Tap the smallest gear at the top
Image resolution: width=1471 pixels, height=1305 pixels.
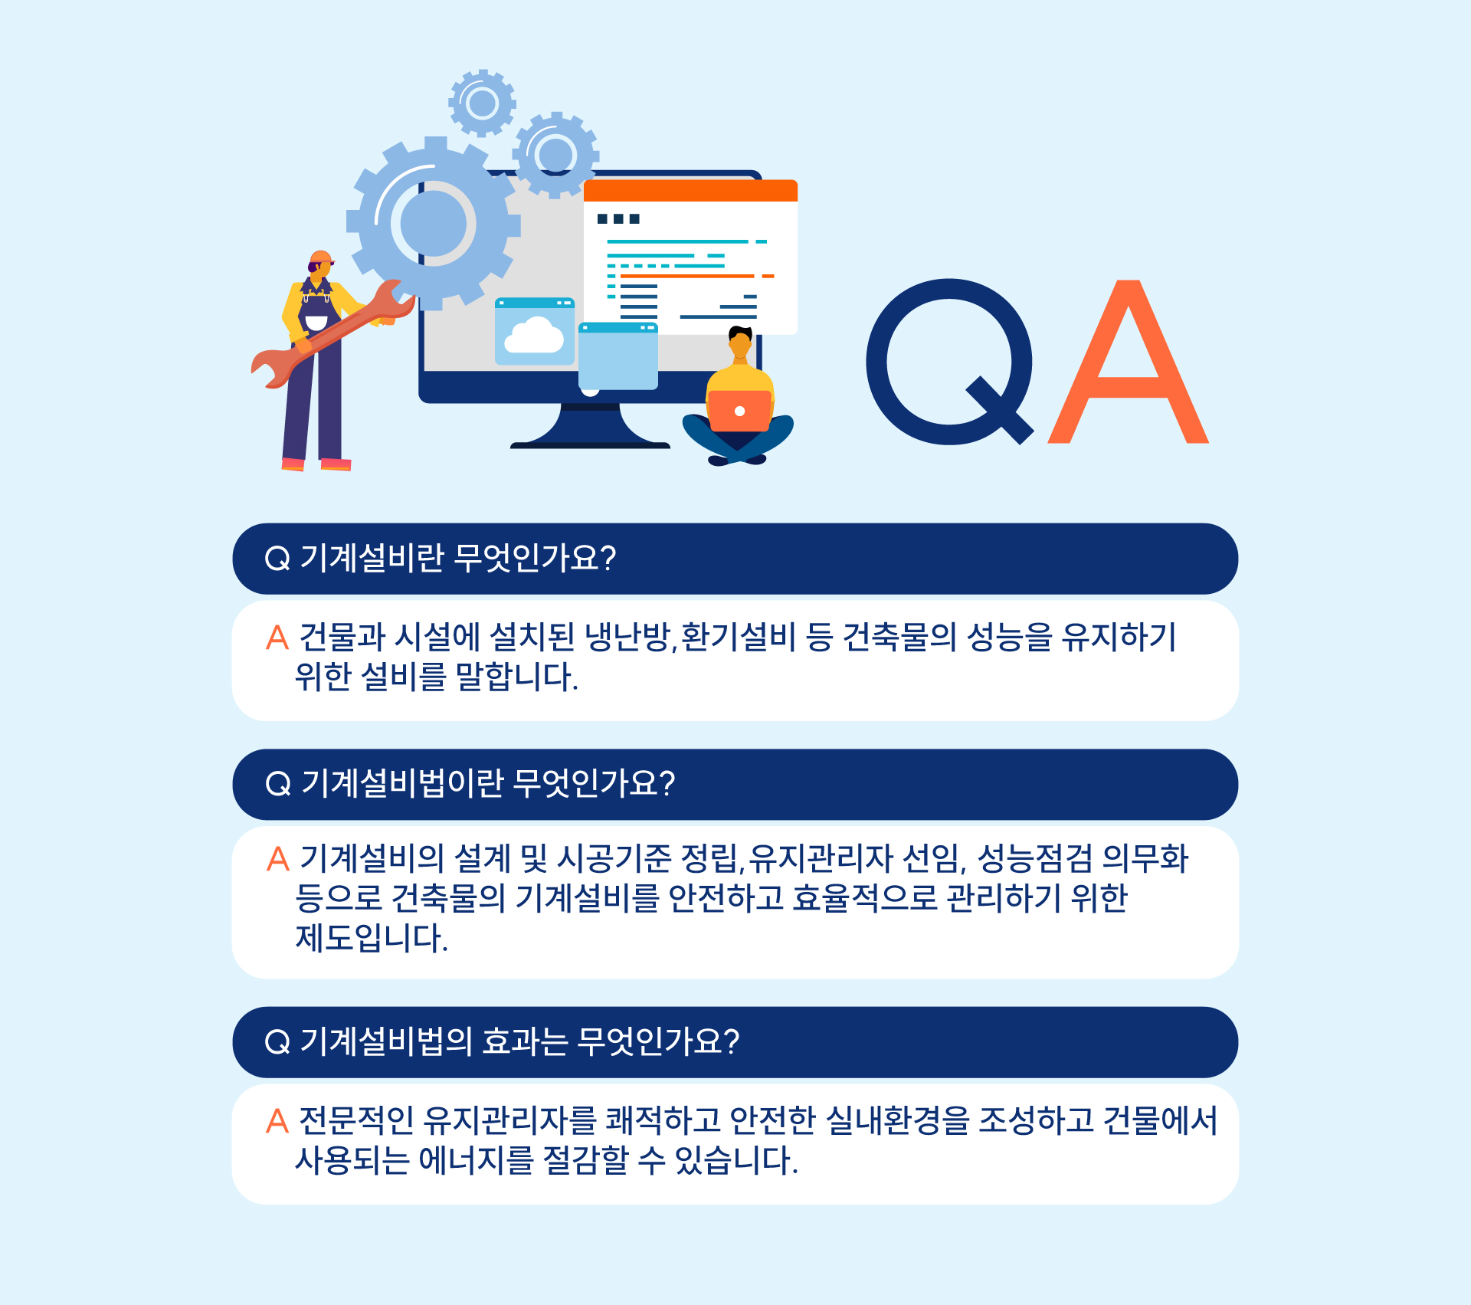(x=482, y=103)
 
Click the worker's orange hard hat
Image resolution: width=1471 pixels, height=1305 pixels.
(x=322, y=258)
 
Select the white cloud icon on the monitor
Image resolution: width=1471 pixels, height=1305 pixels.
(x=534, y=336)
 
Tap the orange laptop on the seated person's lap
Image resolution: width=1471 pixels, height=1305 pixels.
(x=739, y=411)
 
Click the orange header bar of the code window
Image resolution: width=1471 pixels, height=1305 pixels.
(x=690, y=191)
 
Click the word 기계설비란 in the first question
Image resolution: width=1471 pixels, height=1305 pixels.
(x=372, y=558)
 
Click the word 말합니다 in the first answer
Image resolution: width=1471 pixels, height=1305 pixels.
(x=516, y=677)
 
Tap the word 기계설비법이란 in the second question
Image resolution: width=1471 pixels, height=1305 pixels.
(x=403, y=783)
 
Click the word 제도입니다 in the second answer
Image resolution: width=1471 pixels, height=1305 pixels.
(x=372, y=938)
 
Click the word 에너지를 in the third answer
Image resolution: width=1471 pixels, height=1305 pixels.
(x=476, y=1160)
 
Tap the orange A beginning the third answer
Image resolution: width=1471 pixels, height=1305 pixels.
(x=277, y=1121)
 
